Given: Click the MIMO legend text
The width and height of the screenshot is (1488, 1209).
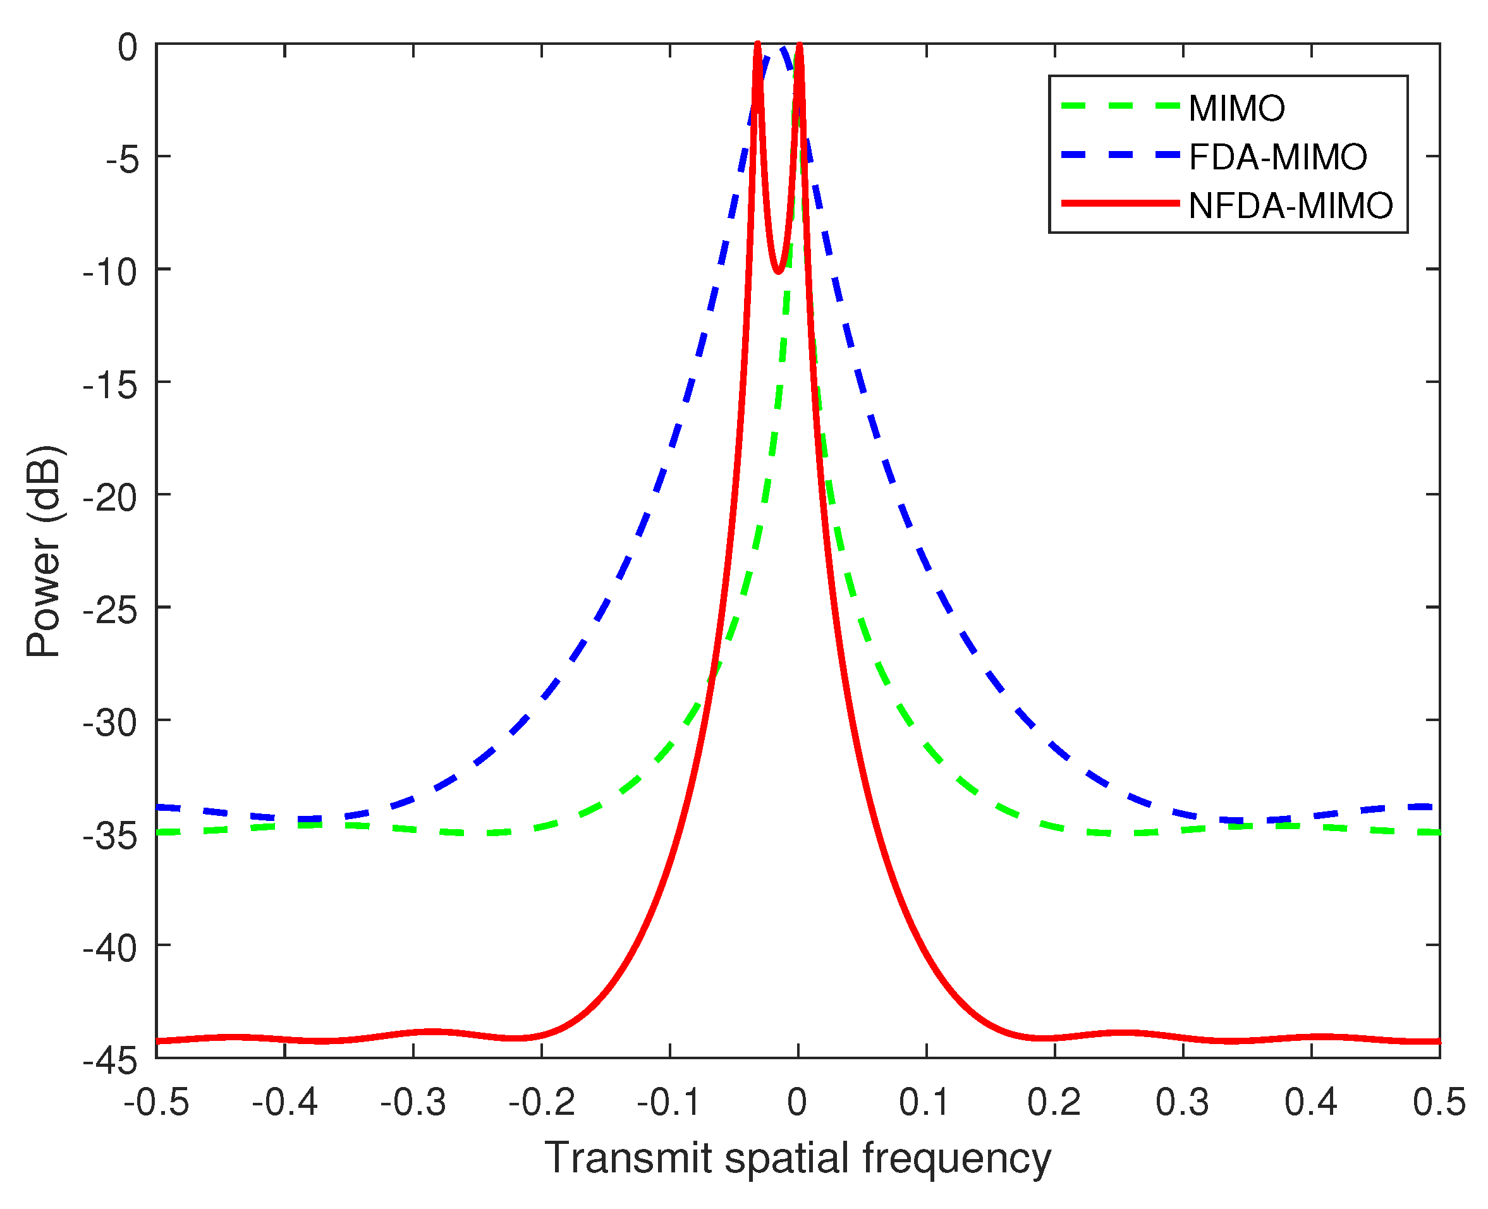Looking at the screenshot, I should coord(1237,109).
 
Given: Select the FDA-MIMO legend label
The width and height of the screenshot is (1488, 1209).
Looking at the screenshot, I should coord(1278,157).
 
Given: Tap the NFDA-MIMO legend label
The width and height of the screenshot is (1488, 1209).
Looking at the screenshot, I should coord(1291,206).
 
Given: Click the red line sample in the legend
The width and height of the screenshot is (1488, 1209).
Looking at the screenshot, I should coord(1120,204).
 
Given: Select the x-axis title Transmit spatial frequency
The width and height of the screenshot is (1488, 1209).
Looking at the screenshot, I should coord(797,1159).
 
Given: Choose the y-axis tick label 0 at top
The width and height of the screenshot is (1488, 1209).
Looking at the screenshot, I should coord(128,48).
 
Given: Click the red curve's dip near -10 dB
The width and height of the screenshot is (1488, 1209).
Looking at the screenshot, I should coord(779,271).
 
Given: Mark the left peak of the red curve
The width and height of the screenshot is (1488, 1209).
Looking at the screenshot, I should coord(757,46).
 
